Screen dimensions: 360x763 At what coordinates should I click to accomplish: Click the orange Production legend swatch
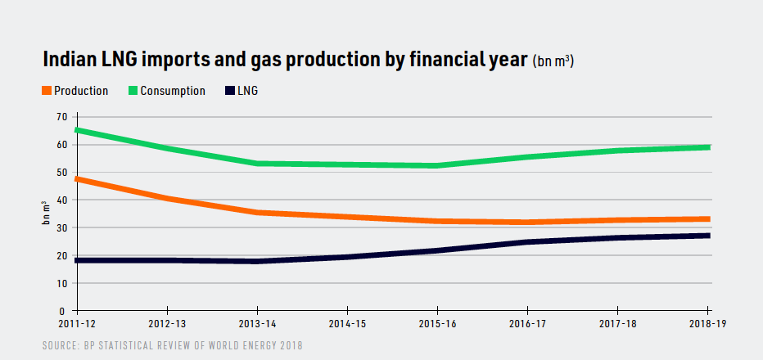pos(47,91)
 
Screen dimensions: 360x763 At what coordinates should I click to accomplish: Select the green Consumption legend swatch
pos(133,91)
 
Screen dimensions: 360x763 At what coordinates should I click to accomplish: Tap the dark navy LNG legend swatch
pos(229,91)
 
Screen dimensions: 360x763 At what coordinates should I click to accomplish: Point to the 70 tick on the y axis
pos(62,117)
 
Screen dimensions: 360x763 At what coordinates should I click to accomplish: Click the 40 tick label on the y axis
pos(62,200)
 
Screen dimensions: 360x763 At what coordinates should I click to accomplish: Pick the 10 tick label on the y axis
pos(62,283)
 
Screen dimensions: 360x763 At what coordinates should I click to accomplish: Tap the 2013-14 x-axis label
pos(258,324)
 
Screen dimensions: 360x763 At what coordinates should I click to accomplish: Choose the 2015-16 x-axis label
pos(438,324)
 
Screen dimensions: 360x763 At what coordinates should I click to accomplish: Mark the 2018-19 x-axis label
pos(708,324)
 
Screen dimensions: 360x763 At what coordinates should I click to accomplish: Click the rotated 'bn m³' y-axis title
pos(46,214)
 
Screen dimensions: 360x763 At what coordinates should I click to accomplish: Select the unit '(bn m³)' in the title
pos(553,62)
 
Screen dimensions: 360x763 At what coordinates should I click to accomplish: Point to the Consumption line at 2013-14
pos(258,163)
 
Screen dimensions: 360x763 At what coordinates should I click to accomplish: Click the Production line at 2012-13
pos(168,198)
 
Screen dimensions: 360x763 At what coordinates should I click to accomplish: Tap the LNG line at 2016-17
pos(528,242)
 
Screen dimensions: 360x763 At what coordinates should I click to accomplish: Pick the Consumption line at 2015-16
pos(438,165)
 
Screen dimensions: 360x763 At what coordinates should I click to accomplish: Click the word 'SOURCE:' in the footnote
pos(62,346)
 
